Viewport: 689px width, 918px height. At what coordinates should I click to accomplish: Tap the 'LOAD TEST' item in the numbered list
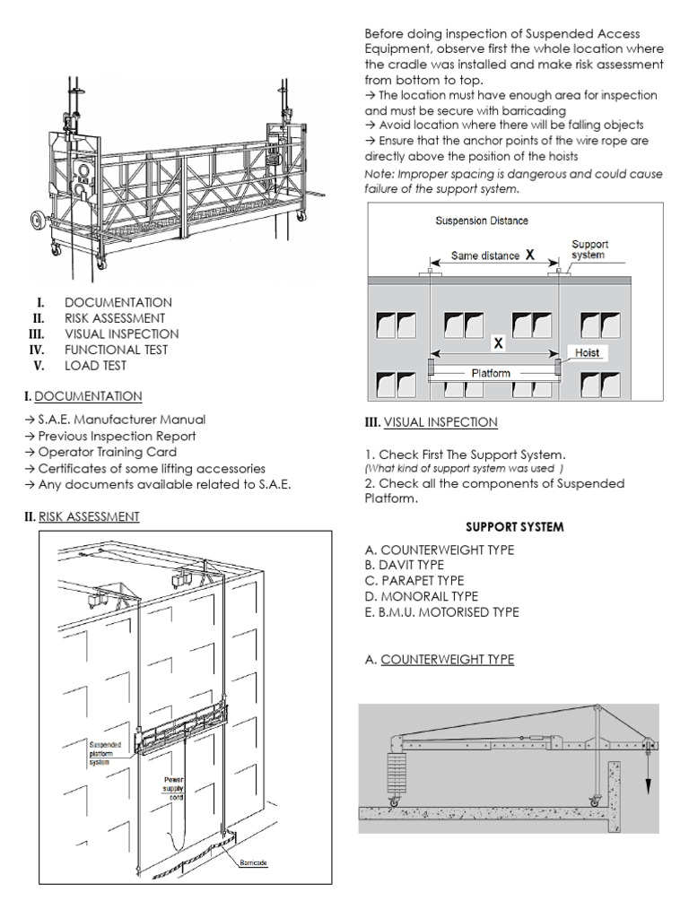coord(94,366)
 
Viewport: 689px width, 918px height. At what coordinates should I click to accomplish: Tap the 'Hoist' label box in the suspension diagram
coord(588,354)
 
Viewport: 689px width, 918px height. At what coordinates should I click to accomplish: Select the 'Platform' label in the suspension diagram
coord(493,371)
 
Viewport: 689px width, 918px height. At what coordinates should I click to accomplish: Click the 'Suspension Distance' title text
coord(482,221)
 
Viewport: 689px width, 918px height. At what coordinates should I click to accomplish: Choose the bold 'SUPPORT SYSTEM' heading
coord(515,526)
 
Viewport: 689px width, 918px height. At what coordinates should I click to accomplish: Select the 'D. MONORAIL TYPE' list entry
coord(421,596)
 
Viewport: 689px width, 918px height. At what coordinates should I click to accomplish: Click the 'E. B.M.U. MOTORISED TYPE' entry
coord(441,612)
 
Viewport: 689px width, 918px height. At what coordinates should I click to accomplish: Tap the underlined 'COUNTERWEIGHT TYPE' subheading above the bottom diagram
coord(447,660)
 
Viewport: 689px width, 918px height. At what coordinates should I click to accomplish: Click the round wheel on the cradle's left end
coord(39,219)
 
